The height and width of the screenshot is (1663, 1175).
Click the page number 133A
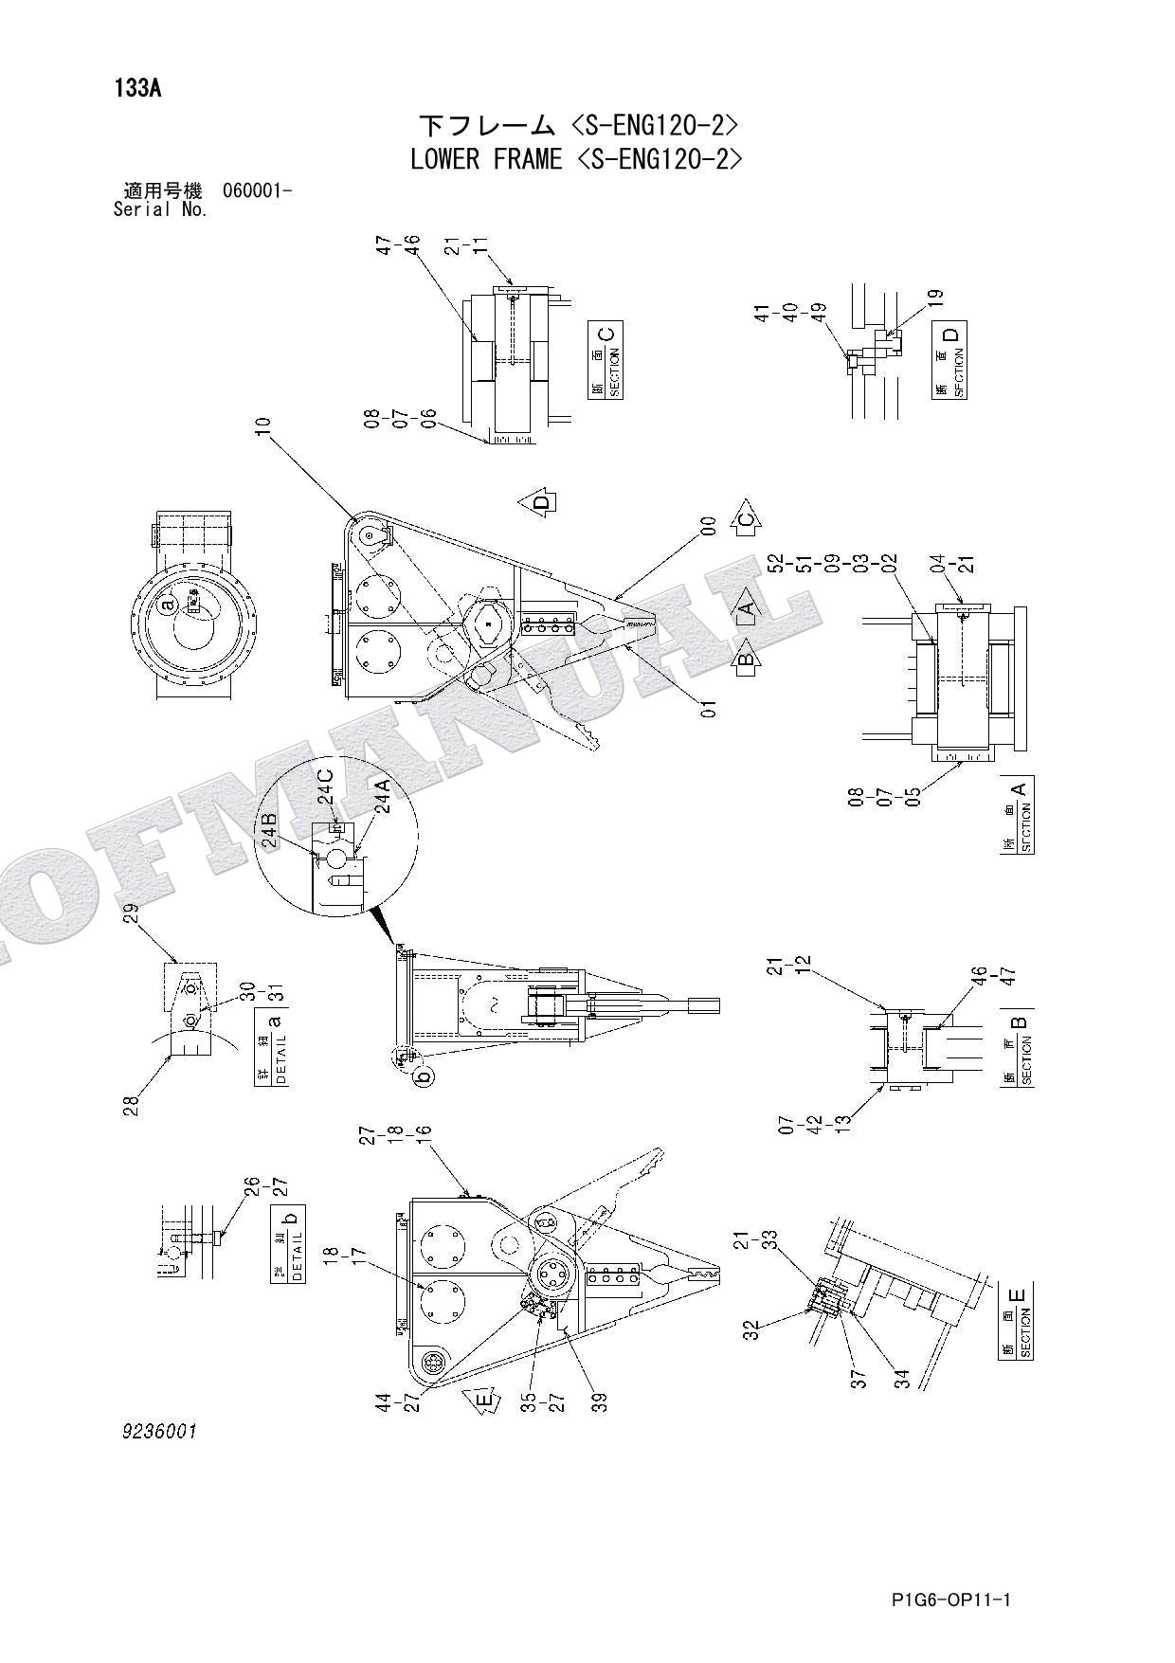(138, 89)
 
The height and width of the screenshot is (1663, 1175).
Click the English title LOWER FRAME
(486, 159)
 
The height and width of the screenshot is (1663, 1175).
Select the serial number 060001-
(257, 190)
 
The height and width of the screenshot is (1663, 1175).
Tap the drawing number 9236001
(158, 1432)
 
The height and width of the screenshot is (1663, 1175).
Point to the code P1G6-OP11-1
(951, 1600)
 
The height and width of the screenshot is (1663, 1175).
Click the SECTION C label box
(606, 360)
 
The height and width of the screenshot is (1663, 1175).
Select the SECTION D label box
(950, 360)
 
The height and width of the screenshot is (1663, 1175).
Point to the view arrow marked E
(482, 1401)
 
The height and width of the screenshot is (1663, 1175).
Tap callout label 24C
(325, 786)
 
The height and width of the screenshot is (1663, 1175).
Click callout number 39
(598, 1401)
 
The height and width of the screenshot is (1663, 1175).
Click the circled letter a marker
(168, 605)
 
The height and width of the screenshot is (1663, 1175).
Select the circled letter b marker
(425, 1075)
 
